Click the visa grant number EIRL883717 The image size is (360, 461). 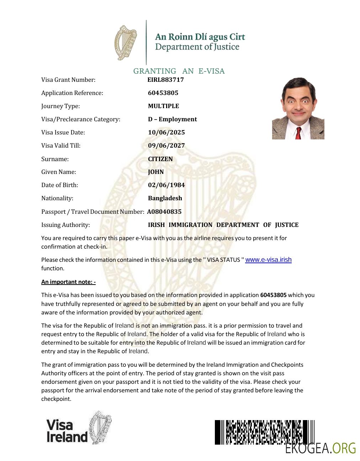165,80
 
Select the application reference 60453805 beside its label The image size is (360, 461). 163,93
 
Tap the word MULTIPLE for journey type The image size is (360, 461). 163,106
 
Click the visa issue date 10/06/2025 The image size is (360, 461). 166,132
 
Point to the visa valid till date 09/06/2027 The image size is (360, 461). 166,145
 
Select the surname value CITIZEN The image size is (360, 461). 160,159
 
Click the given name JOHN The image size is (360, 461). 156,172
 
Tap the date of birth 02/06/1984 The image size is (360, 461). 166,185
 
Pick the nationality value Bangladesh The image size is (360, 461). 165,198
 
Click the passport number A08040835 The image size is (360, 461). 164,212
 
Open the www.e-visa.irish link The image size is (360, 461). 268,260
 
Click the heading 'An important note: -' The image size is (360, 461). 68,282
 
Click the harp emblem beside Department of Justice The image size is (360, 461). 126,43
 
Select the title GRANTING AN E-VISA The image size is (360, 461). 179,71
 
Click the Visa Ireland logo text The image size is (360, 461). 67,431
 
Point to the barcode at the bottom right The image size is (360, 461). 264,432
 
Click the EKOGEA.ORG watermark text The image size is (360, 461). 320,448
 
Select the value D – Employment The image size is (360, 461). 172,119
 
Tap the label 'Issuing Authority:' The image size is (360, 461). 65,225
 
